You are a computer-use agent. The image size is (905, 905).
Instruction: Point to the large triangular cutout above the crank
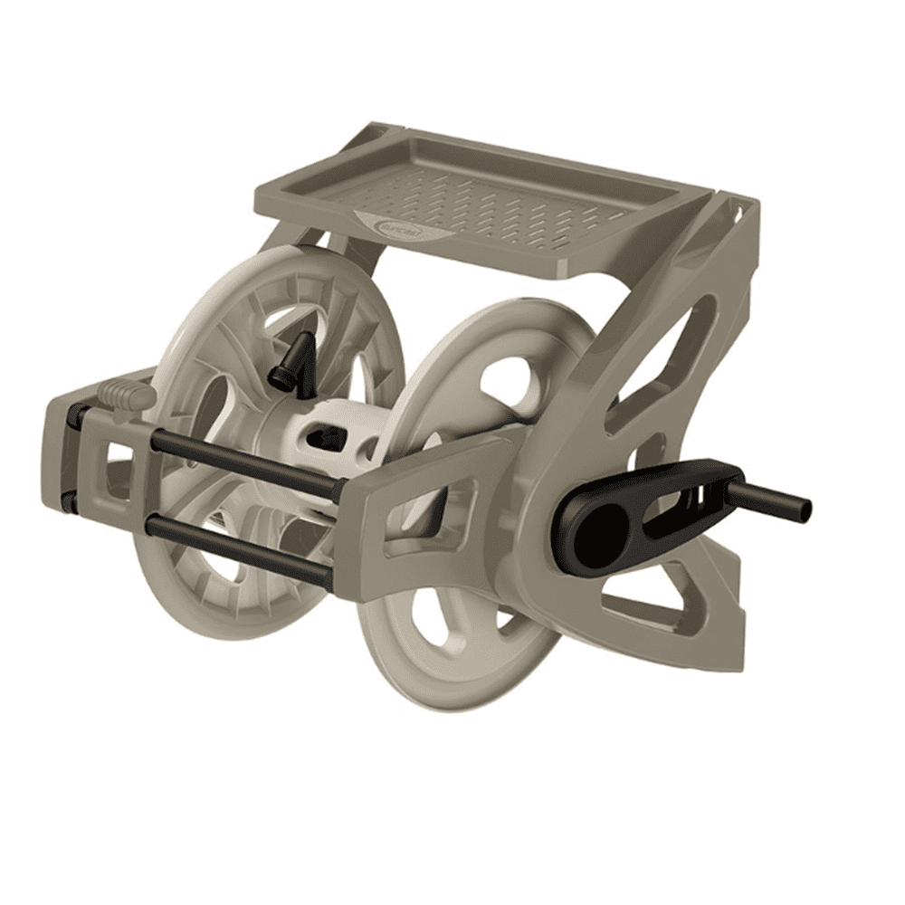674,362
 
